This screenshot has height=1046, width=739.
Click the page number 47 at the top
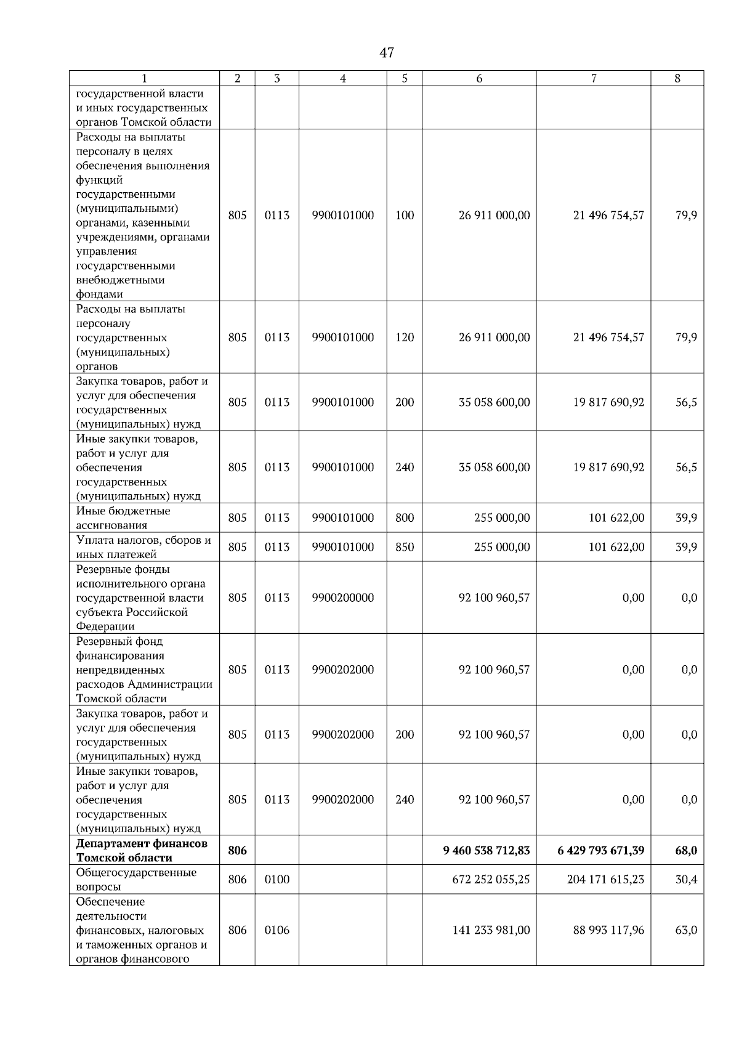tap(386, 53)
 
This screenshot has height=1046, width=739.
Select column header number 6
tap(479, 78)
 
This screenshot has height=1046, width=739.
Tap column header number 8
tap(677, 78)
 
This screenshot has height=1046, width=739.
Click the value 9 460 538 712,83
tap(486, 850)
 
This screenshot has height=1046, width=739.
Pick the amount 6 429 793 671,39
tap(600, 850)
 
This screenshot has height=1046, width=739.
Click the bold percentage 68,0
tap(685, 850)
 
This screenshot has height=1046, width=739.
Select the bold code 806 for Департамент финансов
tap(237, 850)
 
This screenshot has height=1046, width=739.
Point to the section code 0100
tap(277, 879)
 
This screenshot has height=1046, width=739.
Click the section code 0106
tap(277, 930)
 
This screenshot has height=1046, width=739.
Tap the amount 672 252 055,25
tap(491, 879)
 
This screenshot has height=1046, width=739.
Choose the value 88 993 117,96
tap(608, 930)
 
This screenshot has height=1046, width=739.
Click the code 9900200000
tap(342, 598)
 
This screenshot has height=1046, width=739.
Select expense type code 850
tap(405, 547)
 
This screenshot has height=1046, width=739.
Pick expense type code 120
tap(405, 338)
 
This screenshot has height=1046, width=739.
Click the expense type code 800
tap(405, 518)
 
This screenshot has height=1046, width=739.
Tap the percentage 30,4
tap(686, 879)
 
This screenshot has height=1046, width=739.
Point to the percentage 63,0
tap(686, 930)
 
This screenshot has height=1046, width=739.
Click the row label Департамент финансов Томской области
tap(142, 850)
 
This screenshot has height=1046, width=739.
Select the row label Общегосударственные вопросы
tap(137, 879)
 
